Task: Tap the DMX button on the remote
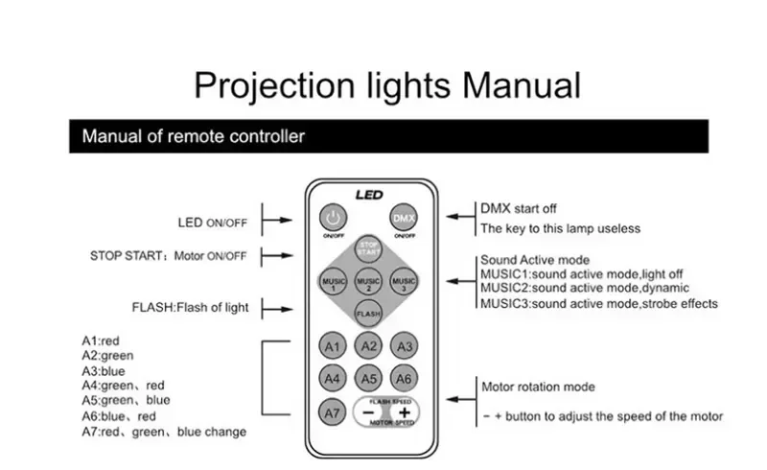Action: (404, 218)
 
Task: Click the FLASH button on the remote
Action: (368, 313)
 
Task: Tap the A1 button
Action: (333, 346)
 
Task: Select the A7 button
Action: (333, 411)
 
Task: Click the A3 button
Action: (405, 346)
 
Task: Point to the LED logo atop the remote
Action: (369, 195)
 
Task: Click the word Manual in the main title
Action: (522, 84)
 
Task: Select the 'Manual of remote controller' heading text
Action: (193, 136)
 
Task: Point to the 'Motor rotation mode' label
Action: (537, 387)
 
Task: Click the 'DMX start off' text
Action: (518, 208)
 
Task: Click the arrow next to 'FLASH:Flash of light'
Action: (276, 308)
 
